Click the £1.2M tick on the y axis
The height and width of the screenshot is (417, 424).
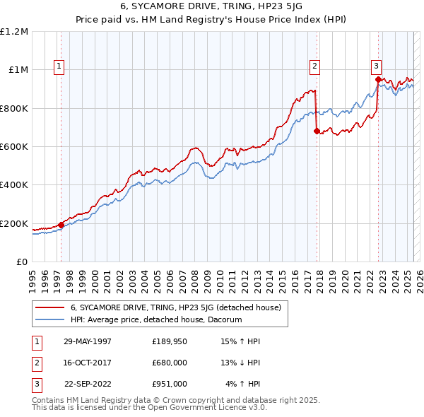pos(13,32)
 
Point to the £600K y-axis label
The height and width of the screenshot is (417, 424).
pos(13,147)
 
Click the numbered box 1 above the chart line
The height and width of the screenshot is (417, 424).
pos(59,66)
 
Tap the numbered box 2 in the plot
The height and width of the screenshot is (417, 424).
pos(314,66)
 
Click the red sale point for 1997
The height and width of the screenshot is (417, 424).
pos(61,225)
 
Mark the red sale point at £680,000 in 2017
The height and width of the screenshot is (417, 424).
pos(316,131)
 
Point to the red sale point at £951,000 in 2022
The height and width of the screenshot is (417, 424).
pos(378,79)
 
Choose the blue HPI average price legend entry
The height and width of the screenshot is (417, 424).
pos(155,319)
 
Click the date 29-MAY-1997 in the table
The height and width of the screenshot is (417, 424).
pos(88,341)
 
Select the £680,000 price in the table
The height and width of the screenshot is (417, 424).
pos(169,363)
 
